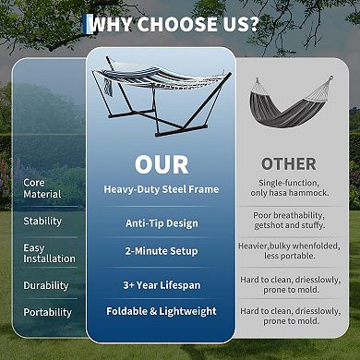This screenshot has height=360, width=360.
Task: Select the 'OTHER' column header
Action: [288, 164]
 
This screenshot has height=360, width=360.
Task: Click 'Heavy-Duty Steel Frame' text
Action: [161, 189]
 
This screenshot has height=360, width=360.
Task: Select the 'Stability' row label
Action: [42, 222]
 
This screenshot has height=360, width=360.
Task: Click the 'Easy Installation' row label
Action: [49, 253]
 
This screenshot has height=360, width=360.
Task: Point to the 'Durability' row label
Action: [46, 286]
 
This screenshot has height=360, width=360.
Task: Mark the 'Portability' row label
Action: [47, 313]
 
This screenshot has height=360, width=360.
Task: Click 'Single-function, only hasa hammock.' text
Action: [288, 189]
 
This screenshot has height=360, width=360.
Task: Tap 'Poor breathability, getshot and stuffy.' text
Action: [288, 222]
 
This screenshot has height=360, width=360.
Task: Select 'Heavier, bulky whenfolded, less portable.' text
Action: [288, 252]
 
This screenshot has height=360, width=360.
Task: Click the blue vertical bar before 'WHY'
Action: [89, 23]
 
